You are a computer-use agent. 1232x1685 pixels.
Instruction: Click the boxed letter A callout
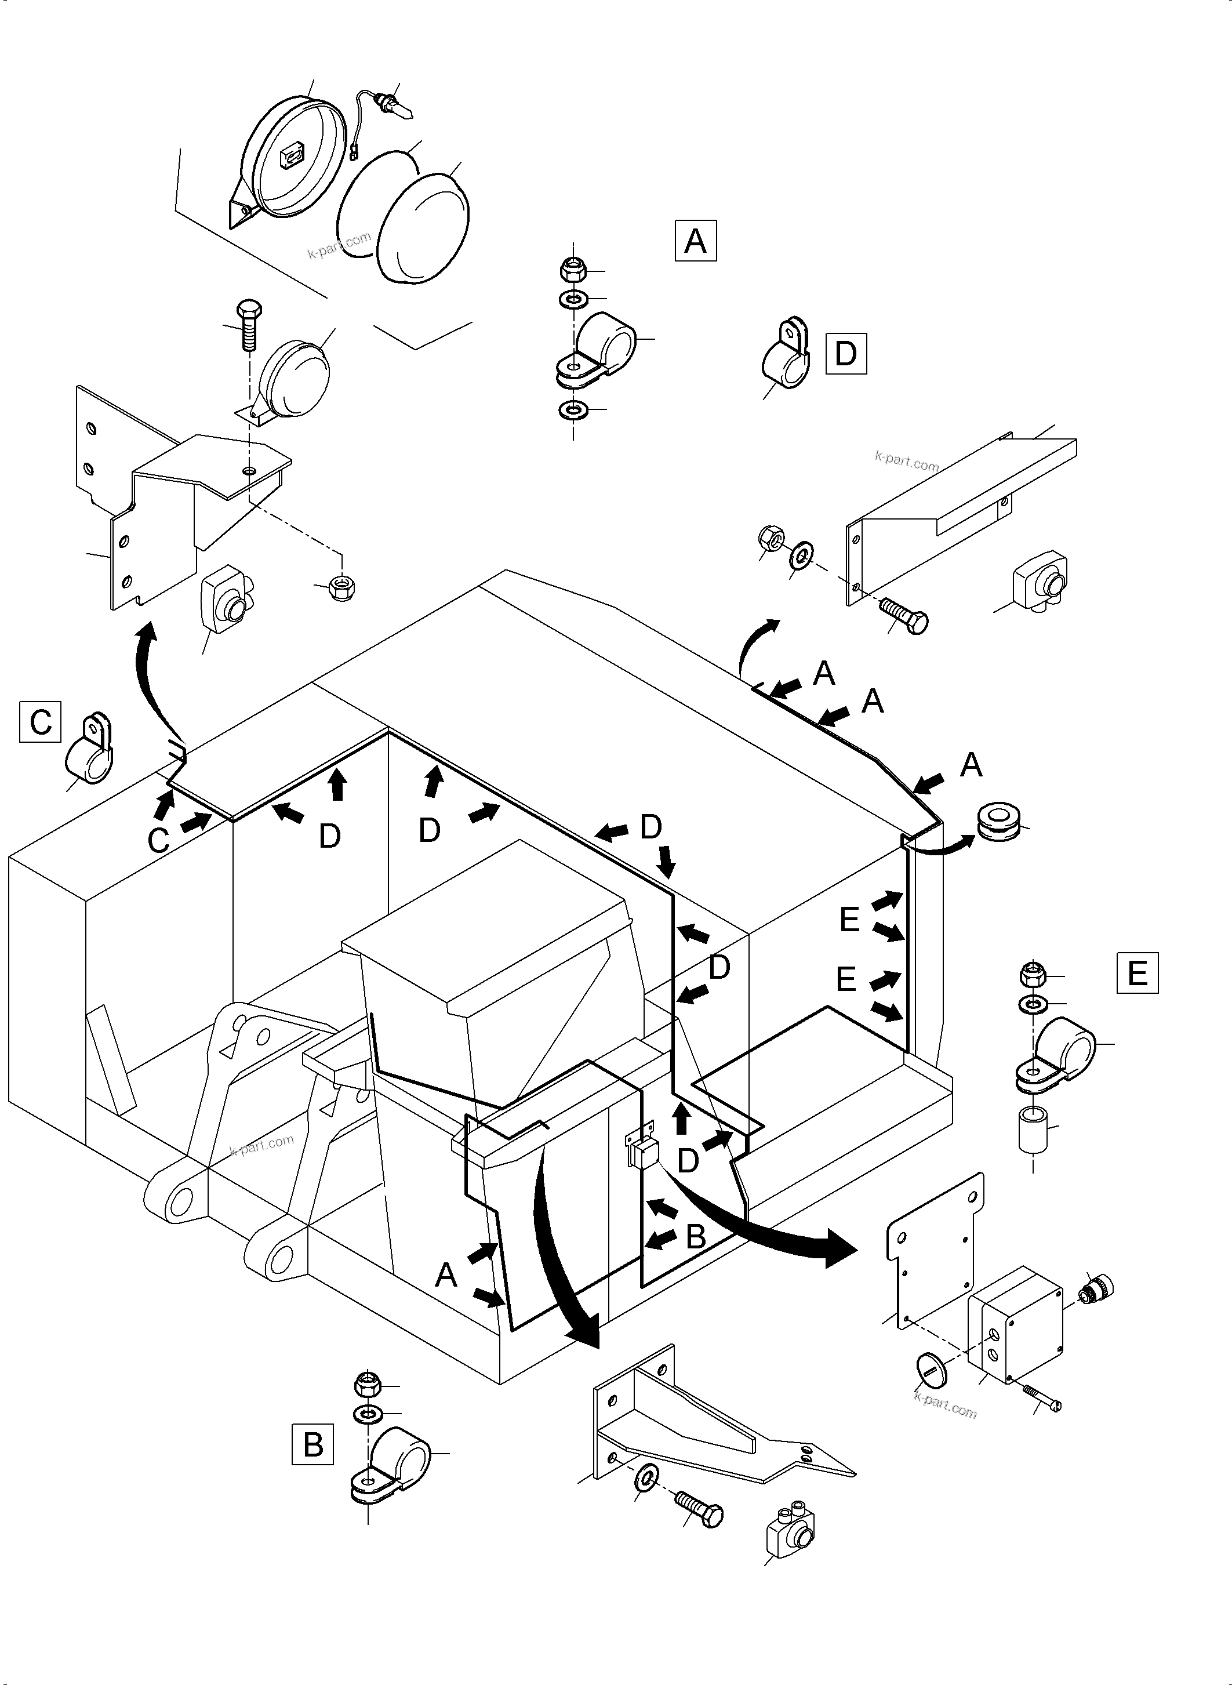tap(695, 240)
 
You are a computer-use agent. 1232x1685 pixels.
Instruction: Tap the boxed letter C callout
tap(40, 722)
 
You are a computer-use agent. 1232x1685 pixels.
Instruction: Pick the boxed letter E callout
tap(1136, 972)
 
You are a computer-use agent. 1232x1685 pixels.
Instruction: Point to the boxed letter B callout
tap(312, 1445)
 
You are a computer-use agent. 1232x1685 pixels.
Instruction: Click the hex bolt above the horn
tap(247, 325)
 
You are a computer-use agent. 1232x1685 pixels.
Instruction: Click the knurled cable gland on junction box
tap(1097, 1287)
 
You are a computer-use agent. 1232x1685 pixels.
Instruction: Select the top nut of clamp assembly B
tap(368, 1385)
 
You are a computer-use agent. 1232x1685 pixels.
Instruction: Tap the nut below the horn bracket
tap(342, 587)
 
